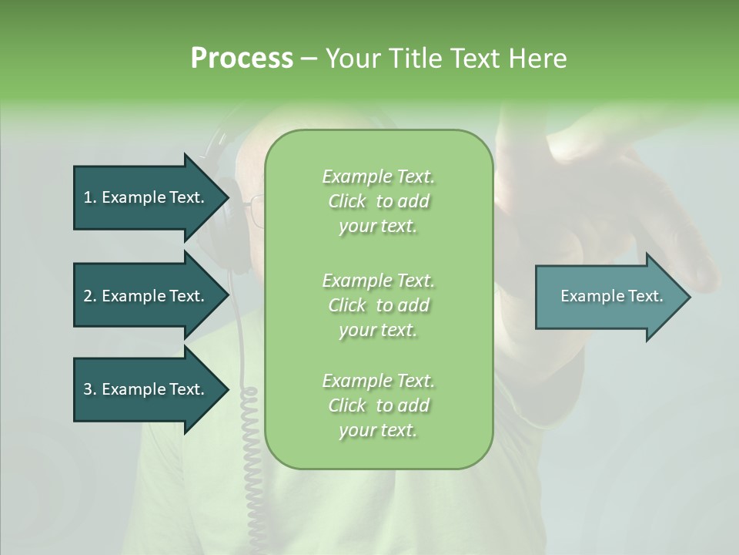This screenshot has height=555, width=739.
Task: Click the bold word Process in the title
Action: click(x=242, y=59)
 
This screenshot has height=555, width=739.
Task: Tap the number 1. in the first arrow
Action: click(x=90, y=197)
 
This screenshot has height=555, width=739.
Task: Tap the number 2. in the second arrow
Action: click(x=90, y=296)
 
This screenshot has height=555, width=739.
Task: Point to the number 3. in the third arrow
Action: click(x=90, y=389)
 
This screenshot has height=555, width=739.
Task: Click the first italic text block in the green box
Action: click(x=378, y=201)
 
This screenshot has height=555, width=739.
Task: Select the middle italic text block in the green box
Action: click(x=378, y=304)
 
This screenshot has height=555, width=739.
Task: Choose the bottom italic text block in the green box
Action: click(x=378, y=405)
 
